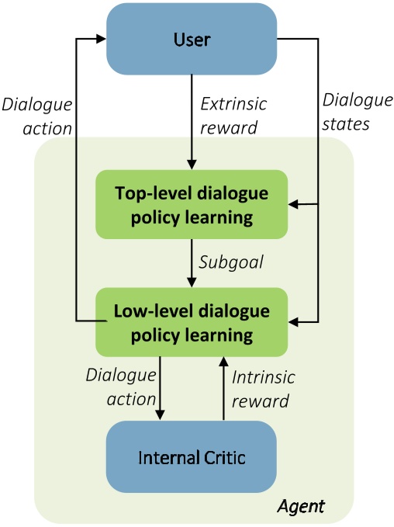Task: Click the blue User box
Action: point(191,38)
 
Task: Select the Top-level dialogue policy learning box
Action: point(191,204)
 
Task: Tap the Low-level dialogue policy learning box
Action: point(191,323)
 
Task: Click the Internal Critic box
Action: point(191,456)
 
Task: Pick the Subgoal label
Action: point(231,263)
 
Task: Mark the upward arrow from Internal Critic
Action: point(223,388)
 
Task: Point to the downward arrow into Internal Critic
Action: point(160,388)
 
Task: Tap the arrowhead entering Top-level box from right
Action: point(293,205)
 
